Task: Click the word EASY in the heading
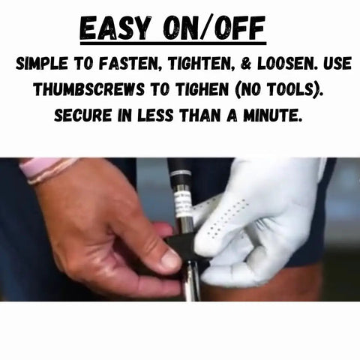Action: tap(116, 28)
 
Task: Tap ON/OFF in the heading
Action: tap(214, 28)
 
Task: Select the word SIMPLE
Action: tap(42, 64)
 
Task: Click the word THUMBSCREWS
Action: tap(89, 89)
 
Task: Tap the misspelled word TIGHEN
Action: tap(202, 89)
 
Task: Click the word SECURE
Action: tap(82, 115)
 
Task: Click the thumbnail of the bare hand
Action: tap(170, 258)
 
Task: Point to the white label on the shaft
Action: tap(184, 203)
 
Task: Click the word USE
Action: tap(337, 64)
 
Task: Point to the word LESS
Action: tap(155, 115)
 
